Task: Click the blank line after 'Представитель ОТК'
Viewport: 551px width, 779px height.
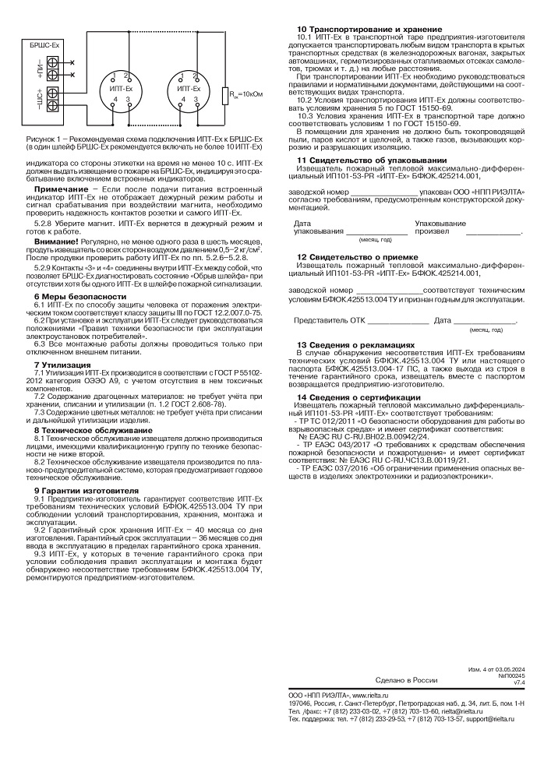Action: pyautogui.click(x=397, y=321)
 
